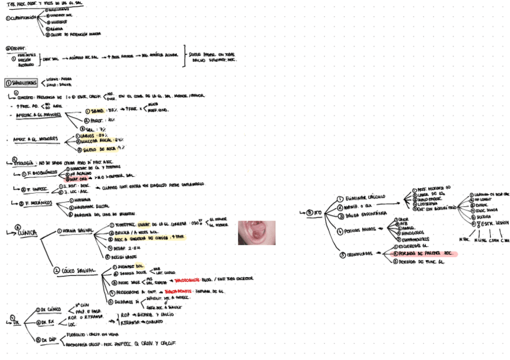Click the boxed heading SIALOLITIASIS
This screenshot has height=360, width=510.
[x=22, y=82]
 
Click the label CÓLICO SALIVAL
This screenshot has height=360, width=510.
[x=78, y=270]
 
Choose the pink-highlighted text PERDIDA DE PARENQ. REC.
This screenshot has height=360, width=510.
[x=425, y=254]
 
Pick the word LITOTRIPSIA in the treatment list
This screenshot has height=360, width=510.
[x=430, y=203]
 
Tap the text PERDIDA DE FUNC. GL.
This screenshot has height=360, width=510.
[x=420, y=263]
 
